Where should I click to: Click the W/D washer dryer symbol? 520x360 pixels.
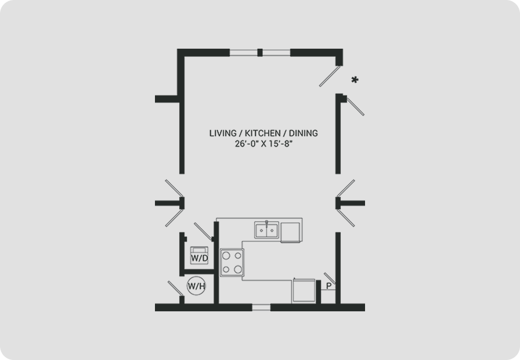(x=199, y=255)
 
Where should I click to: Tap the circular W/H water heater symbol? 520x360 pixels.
(x=196, y=286)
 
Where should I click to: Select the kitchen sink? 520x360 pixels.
(x=266, y=230)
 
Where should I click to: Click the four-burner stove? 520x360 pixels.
(x=232, y=262)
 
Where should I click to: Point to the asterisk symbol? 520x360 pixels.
(x=355, y=80)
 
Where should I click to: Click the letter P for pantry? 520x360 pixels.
(x=328, y=286)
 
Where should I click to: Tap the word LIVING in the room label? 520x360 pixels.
(x=222, y=133)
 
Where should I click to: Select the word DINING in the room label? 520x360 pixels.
(x=303, y=133)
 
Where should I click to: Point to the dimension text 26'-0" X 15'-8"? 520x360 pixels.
(x=263, y=144)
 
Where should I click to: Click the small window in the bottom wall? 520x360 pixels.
(x=261, y=307)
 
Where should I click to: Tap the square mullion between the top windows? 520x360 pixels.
(x=260, y=52)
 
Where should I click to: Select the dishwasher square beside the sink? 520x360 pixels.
(x=290, y=232)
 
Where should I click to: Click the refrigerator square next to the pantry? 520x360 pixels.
(x=304, y=290)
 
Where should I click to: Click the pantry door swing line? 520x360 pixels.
(x=330, y=278)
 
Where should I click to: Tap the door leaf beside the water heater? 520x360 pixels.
(x=176, y=289)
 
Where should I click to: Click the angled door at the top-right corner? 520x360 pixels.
(x=330, y=76)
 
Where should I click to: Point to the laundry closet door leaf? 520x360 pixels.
(x=203, y=231)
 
